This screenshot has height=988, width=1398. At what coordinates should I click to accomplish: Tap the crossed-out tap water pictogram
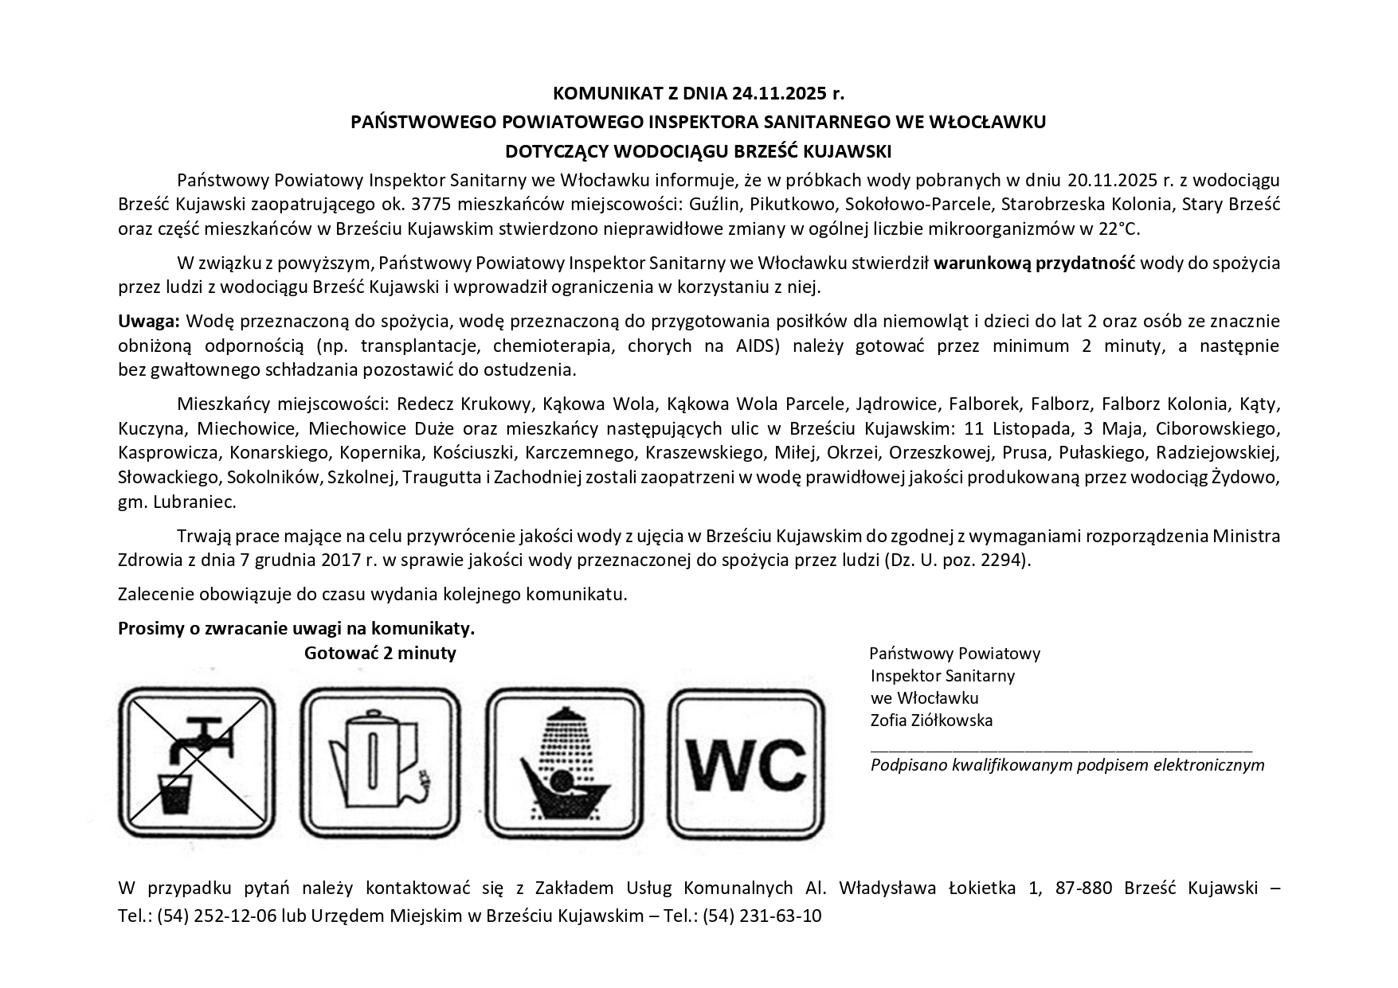point(197,763)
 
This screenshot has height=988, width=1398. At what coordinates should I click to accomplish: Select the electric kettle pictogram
point(380,763)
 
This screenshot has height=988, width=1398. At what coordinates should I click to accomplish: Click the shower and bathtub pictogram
point(564,763)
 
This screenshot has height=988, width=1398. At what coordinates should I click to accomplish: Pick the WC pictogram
point(746,763)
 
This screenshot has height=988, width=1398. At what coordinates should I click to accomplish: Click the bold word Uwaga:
point(150,322)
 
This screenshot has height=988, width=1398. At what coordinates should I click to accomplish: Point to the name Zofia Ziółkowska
point(931,720)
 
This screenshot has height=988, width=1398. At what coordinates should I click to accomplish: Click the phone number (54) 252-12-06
point(217,916)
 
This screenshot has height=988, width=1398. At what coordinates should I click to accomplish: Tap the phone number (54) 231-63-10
point(762,916)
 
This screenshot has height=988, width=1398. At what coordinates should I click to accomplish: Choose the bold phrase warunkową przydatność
point(1035,263)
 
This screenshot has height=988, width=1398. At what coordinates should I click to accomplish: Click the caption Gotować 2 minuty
point(380,654)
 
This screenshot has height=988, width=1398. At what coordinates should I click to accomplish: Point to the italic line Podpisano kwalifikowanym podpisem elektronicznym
point(1067,765)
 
